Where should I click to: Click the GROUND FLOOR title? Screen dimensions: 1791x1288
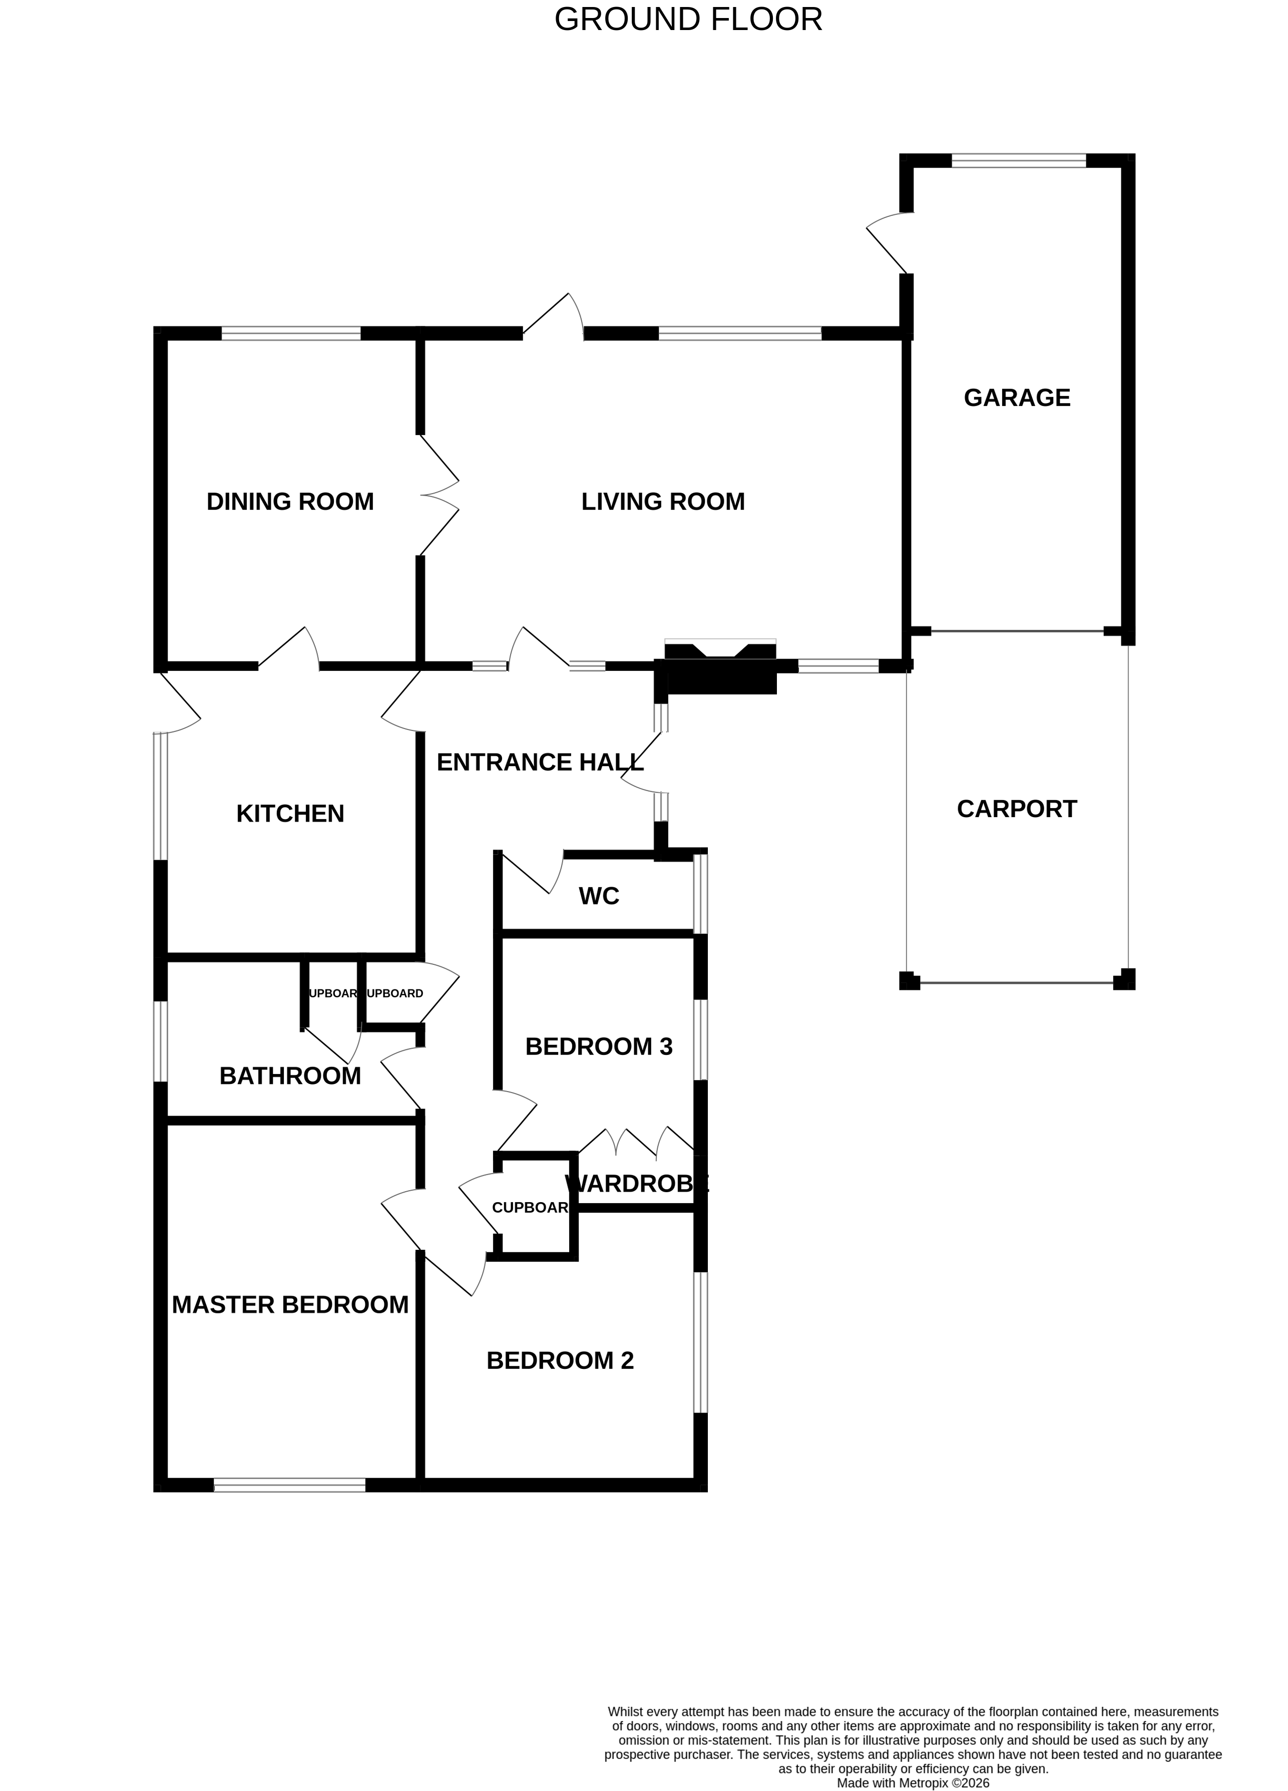(688, 19)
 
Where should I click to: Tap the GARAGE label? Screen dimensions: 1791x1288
(1016, 397)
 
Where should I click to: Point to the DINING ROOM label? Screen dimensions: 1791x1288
(290, 501)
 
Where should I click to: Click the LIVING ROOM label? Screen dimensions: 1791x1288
(663, 501)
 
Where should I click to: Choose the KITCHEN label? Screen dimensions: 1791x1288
(290, 813)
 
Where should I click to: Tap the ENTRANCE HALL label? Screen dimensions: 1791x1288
(539, 762)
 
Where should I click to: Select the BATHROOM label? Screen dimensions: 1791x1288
(290, 1076)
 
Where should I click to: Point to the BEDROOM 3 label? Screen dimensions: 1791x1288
(599, 1046)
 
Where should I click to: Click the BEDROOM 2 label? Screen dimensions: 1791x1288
(560, 1360)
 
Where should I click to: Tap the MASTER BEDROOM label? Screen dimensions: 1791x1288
(290, 1304)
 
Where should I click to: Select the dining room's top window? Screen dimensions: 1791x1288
(291, 334)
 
